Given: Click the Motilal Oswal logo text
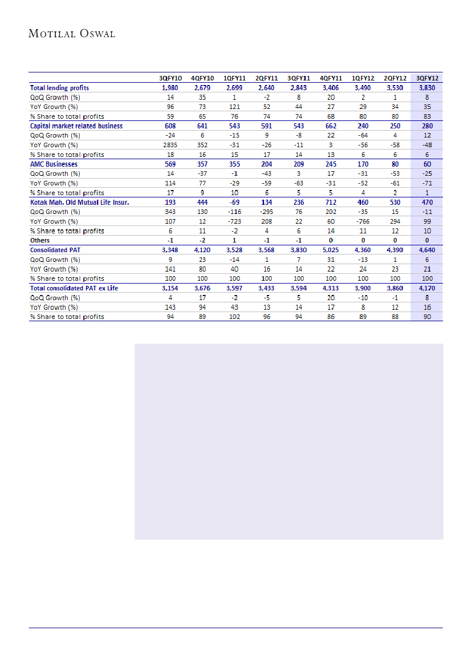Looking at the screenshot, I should pos(72,34).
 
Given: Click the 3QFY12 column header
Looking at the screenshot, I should pos(427,78).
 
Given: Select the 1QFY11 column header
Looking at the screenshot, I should pos(234,78).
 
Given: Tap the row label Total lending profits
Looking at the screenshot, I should pos(59,88).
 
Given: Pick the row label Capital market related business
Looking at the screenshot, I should pos(76,126).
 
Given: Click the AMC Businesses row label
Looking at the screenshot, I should pos(54,164).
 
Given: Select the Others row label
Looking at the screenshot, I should pos(40,240).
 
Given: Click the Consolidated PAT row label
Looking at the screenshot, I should pos(55,250).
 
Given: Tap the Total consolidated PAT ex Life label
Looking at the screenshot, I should pos(74,288).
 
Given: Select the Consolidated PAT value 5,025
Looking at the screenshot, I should pos(331,250).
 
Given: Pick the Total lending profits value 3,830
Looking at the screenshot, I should pos(427,88).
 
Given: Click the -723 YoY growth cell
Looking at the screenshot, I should pos(234,221).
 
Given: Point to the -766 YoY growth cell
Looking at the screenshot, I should pos(363,221).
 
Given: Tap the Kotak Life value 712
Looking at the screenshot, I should pos(331,202).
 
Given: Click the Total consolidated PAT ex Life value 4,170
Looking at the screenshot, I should pos(427,288).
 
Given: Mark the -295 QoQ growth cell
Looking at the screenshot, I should pos(266,212).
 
